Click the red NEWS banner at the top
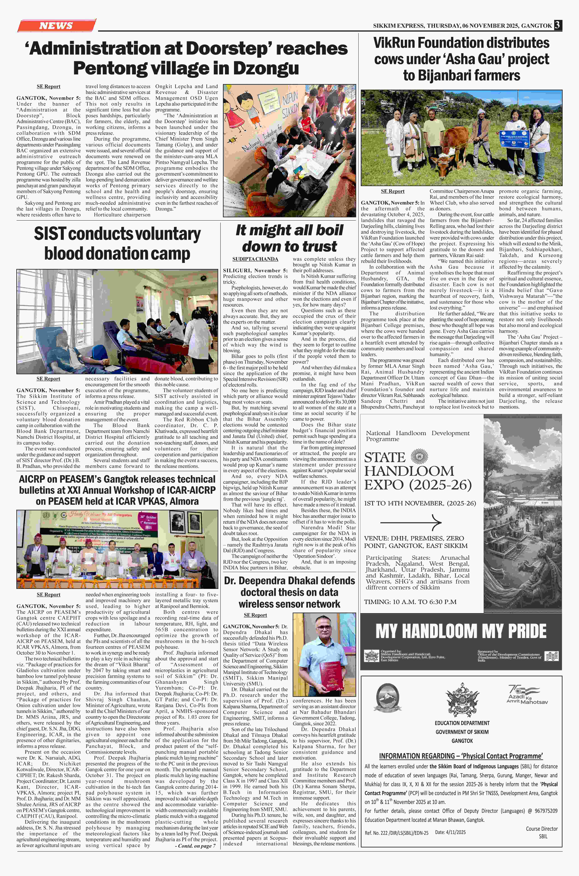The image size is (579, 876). pos(56,25)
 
